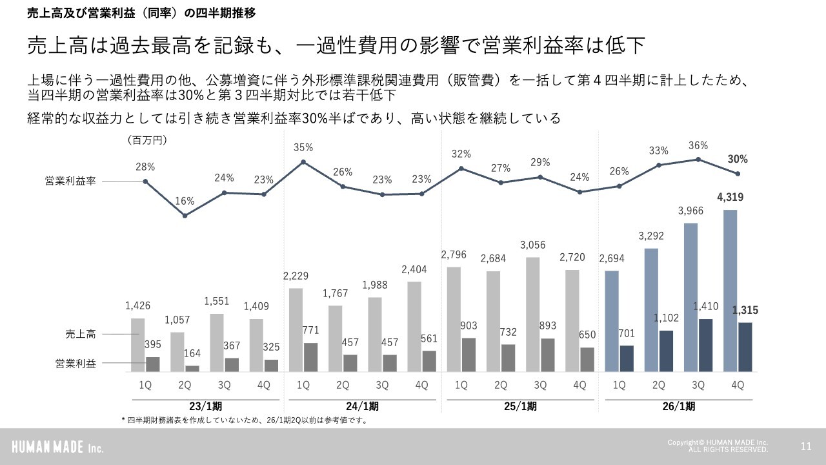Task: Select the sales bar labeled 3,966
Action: coord(690,297)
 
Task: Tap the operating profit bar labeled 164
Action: coord(192,368)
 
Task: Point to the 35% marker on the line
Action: coord(303,161)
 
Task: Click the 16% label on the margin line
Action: coord(185,201)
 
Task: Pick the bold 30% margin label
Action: coord(738,159)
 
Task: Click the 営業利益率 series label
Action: coord(70,181)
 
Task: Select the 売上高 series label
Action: coord(80,334)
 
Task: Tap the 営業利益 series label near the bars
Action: coord(75,364)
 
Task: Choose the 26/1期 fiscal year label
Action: coord(678,407)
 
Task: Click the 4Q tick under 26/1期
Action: coord(738,386)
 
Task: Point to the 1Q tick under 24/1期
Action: coord(303,386)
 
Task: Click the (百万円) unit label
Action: coord(146,140)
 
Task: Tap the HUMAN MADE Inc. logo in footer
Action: coord(58,447)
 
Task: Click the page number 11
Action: coord(805,446)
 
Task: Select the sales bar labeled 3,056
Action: coord(532,315)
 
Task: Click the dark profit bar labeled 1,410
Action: coord(706,345)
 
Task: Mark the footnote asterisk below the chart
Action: coord(123,420)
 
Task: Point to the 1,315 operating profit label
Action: coord(745,311)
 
